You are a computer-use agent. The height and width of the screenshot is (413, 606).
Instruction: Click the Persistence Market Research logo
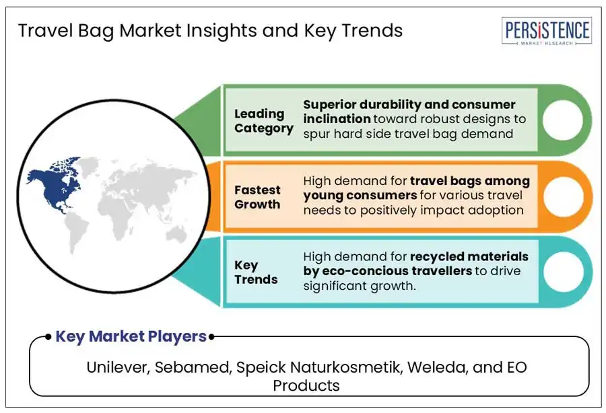tap(547, 31)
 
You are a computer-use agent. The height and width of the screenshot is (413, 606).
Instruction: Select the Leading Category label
tap(263, 121)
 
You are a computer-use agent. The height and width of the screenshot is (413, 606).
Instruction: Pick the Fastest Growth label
tap(257, 197)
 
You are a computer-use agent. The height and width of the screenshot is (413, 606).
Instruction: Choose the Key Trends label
tap(256, 272)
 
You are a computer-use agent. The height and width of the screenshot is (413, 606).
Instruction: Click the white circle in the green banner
tap(562, 120)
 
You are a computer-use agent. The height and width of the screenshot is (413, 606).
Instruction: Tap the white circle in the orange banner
tap(563, 196)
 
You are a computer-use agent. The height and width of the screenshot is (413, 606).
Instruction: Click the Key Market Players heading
tap(131, 336)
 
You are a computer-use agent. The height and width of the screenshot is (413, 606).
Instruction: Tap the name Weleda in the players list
tap(437, 367)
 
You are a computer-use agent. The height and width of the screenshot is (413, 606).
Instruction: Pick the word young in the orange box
tap(323, 196)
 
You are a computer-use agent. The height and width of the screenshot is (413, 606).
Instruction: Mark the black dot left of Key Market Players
tap(48, 337)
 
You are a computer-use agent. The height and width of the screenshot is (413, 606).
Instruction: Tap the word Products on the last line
tap(306, 385)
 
